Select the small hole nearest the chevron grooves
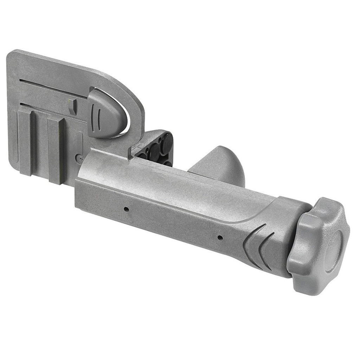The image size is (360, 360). pos(220,238)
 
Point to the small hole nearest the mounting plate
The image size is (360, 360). pos(126,210)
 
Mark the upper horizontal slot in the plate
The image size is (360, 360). pos(53,87)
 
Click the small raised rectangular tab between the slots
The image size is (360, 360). pos(72,105)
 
